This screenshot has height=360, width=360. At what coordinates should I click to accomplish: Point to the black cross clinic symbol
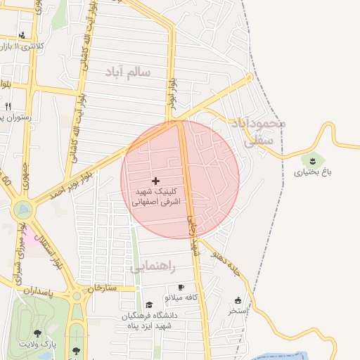(x=155, y=181)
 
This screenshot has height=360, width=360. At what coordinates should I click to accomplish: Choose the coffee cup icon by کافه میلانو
(x=181, y=288)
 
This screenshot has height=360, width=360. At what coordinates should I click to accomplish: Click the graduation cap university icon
(x=149, y=304)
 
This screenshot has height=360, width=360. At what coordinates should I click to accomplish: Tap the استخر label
(x=235, y=310)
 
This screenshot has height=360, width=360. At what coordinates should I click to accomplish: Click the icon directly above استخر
(x=238, y=300)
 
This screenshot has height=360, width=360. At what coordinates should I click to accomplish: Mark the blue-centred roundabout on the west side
(x=23, y=209)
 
